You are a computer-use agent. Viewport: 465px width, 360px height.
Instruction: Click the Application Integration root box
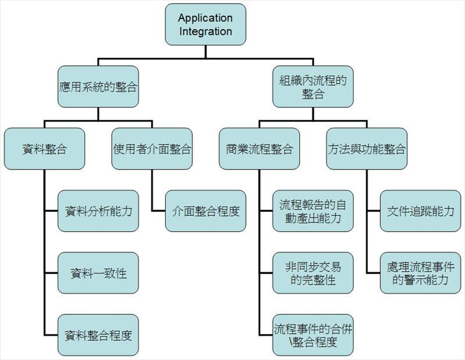pos(205,24)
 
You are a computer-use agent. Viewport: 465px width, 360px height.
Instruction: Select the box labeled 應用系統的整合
pos(98,87)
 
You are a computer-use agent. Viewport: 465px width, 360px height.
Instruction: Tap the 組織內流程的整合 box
pos(313,87)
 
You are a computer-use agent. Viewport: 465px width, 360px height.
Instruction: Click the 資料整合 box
pos(44,149)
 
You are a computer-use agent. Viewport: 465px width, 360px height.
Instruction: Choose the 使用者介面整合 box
pos(152,149)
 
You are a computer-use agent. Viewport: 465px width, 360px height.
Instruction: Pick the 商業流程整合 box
pos(259,149)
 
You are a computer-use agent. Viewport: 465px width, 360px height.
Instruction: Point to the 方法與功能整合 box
pos(366,149)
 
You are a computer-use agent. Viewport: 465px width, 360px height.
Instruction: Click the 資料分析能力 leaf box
pos(98,211)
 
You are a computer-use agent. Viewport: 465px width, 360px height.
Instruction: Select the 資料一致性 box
pos(98,273)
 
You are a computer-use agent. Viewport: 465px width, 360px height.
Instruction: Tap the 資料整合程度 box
pos(98,335)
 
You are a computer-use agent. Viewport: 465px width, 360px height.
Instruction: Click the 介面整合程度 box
pos(205,211)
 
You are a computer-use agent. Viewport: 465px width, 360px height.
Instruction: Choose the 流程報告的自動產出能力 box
pos(313,211)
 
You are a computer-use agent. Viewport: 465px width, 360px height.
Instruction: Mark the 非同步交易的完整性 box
pos(313,273)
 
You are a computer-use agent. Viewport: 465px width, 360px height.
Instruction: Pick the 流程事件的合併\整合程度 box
pos(313,335)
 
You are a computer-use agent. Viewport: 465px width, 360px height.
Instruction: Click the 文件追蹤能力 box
pos(420,211)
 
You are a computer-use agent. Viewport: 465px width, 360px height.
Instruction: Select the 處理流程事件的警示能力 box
pos(420,273)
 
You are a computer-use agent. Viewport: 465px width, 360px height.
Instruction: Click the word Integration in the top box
pos(205,31)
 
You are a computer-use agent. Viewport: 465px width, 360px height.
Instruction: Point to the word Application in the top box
pos(205,18)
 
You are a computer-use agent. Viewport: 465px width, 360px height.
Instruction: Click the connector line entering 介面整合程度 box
pos(158,211)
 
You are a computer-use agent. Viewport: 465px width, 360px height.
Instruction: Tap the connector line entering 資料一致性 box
pos(51,273)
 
